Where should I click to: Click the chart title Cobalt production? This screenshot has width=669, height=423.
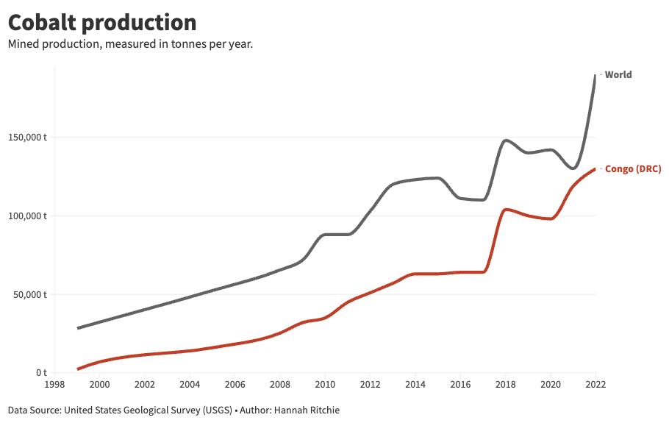[102, 22]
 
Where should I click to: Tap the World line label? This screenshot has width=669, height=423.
[618, 74]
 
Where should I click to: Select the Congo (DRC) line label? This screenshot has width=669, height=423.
[632, 169]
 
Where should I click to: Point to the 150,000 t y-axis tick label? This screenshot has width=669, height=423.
[28, 138]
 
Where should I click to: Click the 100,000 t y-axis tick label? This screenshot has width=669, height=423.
[28, 216]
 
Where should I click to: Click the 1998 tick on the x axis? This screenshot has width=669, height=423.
[54, 384]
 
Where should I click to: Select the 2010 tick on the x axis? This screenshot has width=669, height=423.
[324, 384]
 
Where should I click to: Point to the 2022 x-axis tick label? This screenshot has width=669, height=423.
[595, 384]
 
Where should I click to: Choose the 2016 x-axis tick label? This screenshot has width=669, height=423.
[459, 384]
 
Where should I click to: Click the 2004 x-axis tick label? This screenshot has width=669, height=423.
[190, 384]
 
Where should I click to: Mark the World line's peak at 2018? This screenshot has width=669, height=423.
[505, 141]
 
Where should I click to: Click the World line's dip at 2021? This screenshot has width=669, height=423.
[573, 168]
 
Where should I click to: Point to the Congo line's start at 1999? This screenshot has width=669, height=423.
[78, 369]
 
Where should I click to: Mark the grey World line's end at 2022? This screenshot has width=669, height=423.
[595, 75]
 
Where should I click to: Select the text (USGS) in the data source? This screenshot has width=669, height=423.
[213, 410]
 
